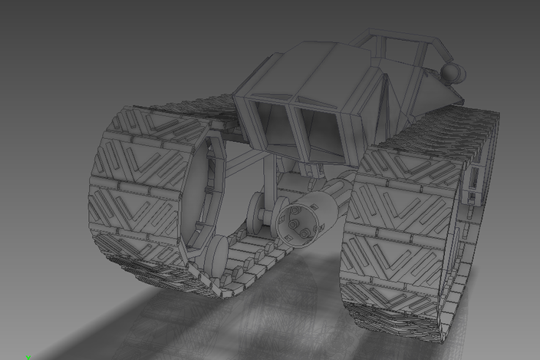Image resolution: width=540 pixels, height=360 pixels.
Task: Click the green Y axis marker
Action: (28, 357)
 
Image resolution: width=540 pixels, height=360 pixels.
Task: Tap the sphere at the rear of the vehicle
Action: (453, 73)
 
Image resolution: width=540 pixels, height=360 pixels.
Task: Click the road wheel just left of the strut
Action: (255, 211)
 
